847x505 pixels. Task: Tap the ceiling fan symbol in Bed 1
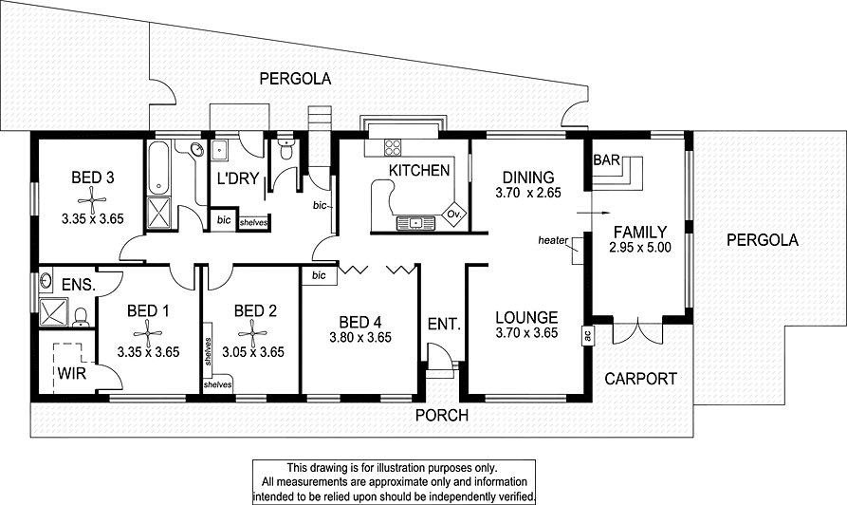pyautogui.click(x=147, y=329)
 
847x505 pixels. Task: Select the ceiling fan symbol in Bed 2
pyautogui.click(x=253, y=329)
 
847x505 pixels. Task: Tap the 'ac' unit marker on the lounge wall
pyautogui.click(x=588, y=334)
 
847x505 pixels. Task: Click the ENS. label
pyautogui.click(x=77, y=284)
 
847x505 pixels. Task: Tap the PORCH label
pyautogui.click(x=439, y=414)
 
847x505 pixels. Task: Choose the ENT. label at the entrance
pyautogui.click(x=444, y=324)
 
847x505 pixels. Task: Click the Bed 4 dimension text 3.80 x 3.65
pyautogui.click(x=359, y=336)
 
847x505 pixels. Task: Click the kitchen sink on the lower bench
pyautogui.click(x=414, y=223)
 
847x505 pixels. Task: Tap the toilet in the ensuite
pyautogui.click(x=82, y=315)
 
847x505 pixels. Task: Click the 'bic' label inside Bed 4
pyautogui.click(x=319, y=275)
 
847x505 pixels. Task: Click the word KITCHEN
pyautogui.click(x=418, y=171)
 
